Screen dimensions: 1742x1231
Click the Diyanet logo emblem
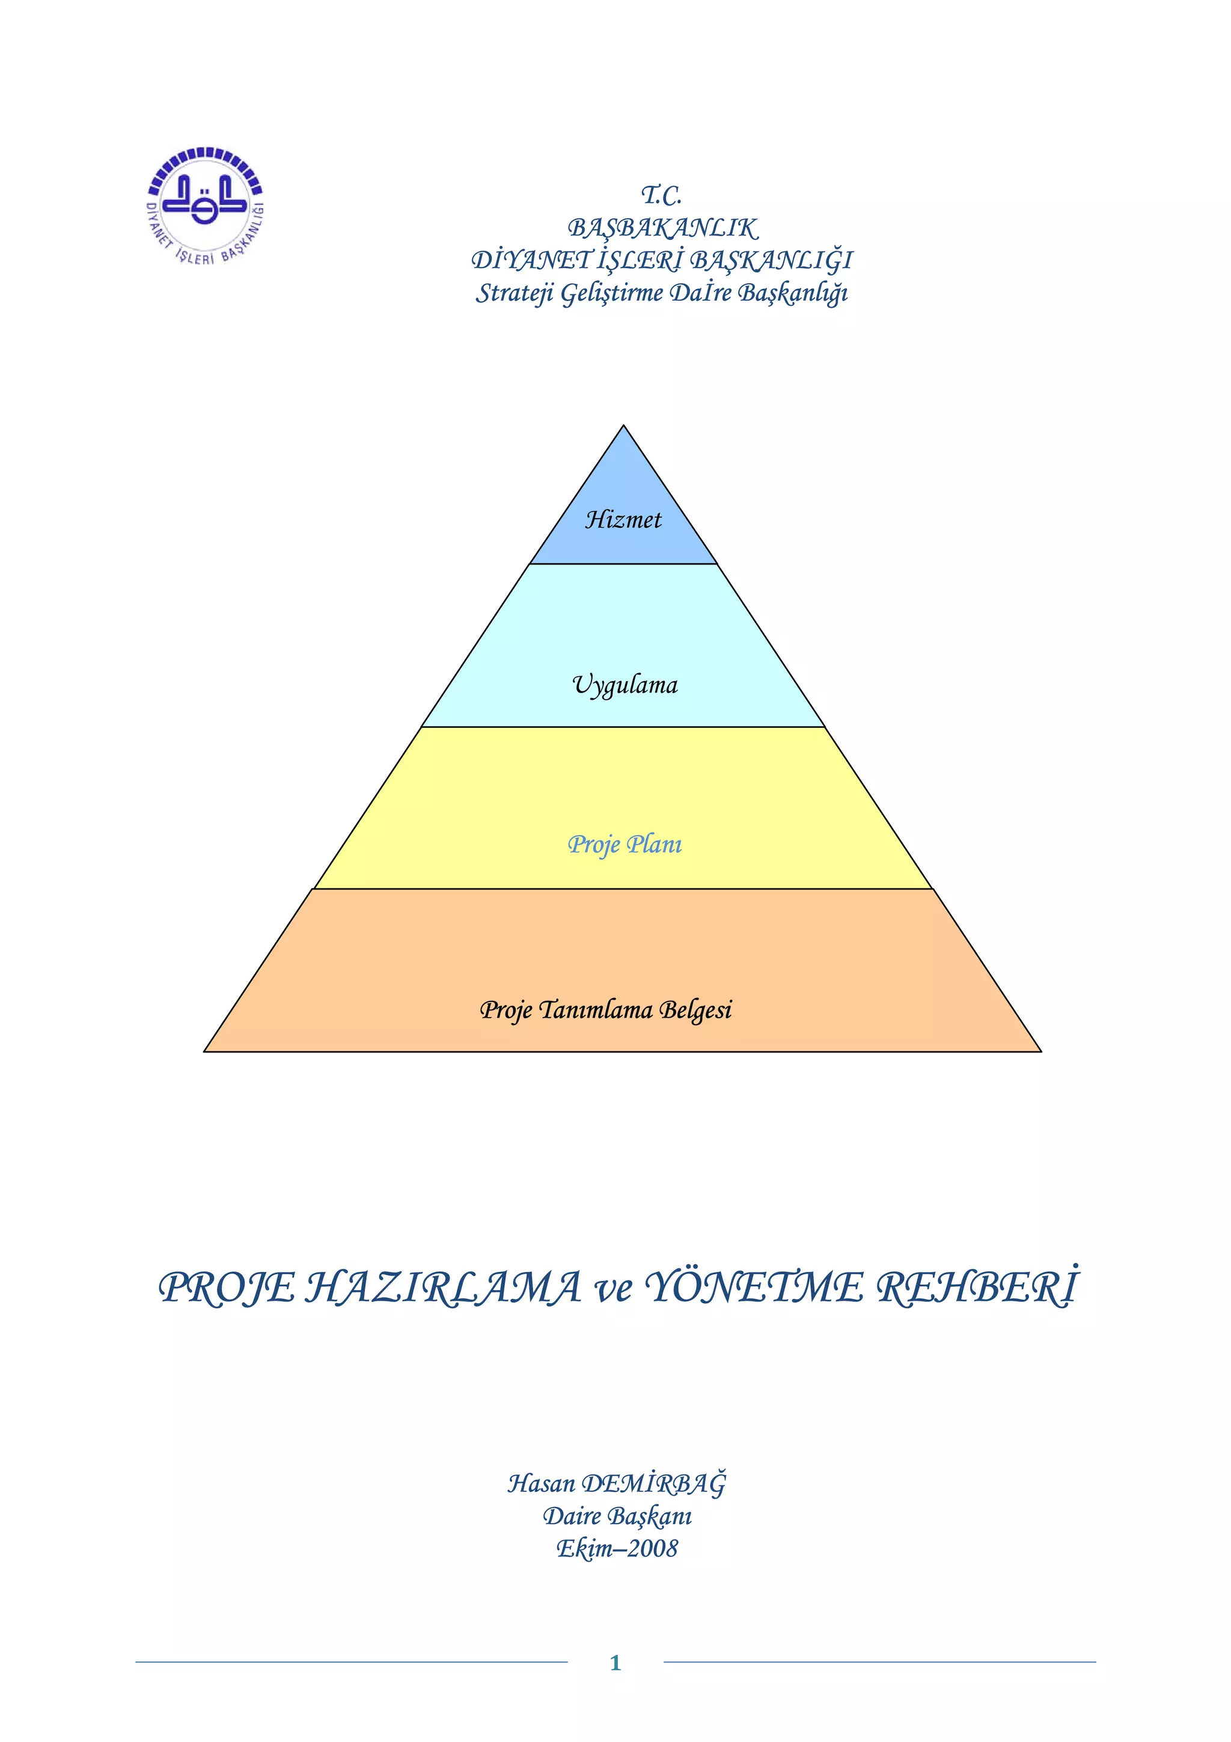[205, 206]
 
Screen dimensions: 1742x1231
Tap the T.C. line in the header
[661, 196]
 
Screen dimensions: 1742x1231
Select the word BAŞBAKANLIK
[662, 228]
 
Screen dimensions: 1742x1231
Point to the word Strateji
[515, 293]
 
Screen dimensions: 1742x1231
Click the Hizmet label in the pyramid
[623, 520]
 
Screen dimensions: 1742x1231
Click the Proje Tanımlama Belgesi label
[606, 1009]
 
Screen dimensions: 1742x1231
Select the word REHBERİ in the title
[977, 1287]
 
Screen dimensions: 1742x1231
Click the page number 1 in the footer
[615, 1663]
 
